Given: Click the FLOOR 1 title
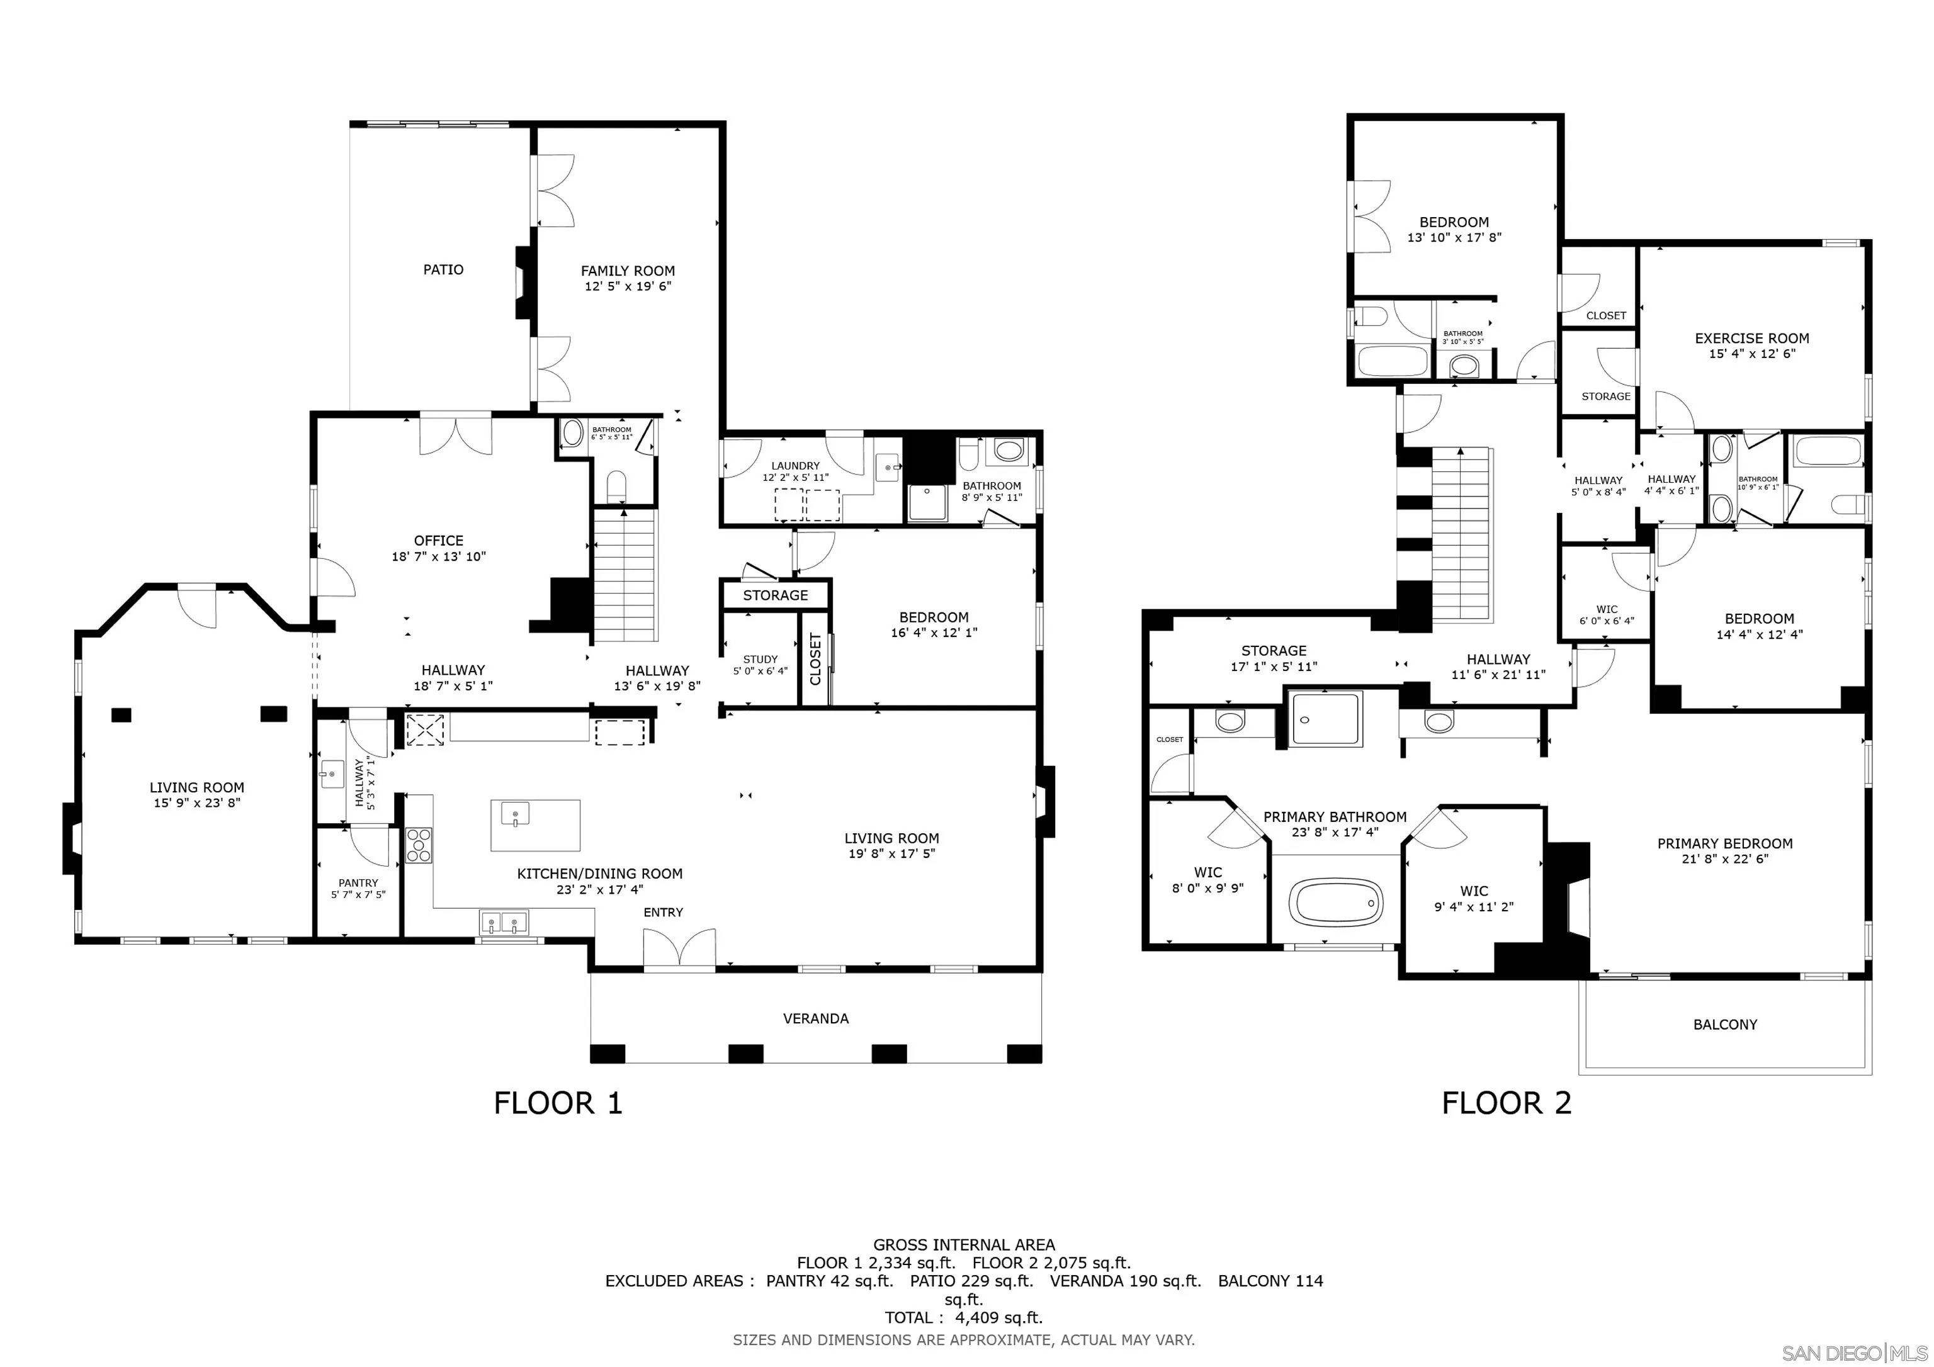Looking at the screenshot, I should pos(558,1103).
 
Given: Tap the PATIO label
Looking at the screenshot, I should pos(443,269).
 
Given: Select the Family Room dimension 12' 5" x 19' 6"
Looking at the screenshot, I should pos(628,286).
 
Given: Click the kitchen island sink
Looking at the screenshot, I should pos(515,814).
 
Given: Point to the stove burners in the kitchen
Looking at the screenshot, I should pos(419,846).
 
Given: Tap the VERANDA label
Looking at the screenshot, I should pos(815,1018).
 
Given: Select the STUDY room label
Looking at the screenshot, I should pos(760,660).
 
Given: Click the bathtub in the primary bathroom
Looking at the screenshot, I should pos(1338,902).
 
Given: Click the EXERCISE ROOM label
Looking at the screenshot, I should pos(1751,339).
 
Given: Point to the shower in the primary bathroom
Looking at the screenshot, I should pos(1326,719).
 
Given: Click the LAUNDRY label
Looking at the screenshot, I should pos(795,466).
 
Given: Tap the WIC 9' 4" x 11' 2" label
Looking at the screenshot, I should pos(1473,898).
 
